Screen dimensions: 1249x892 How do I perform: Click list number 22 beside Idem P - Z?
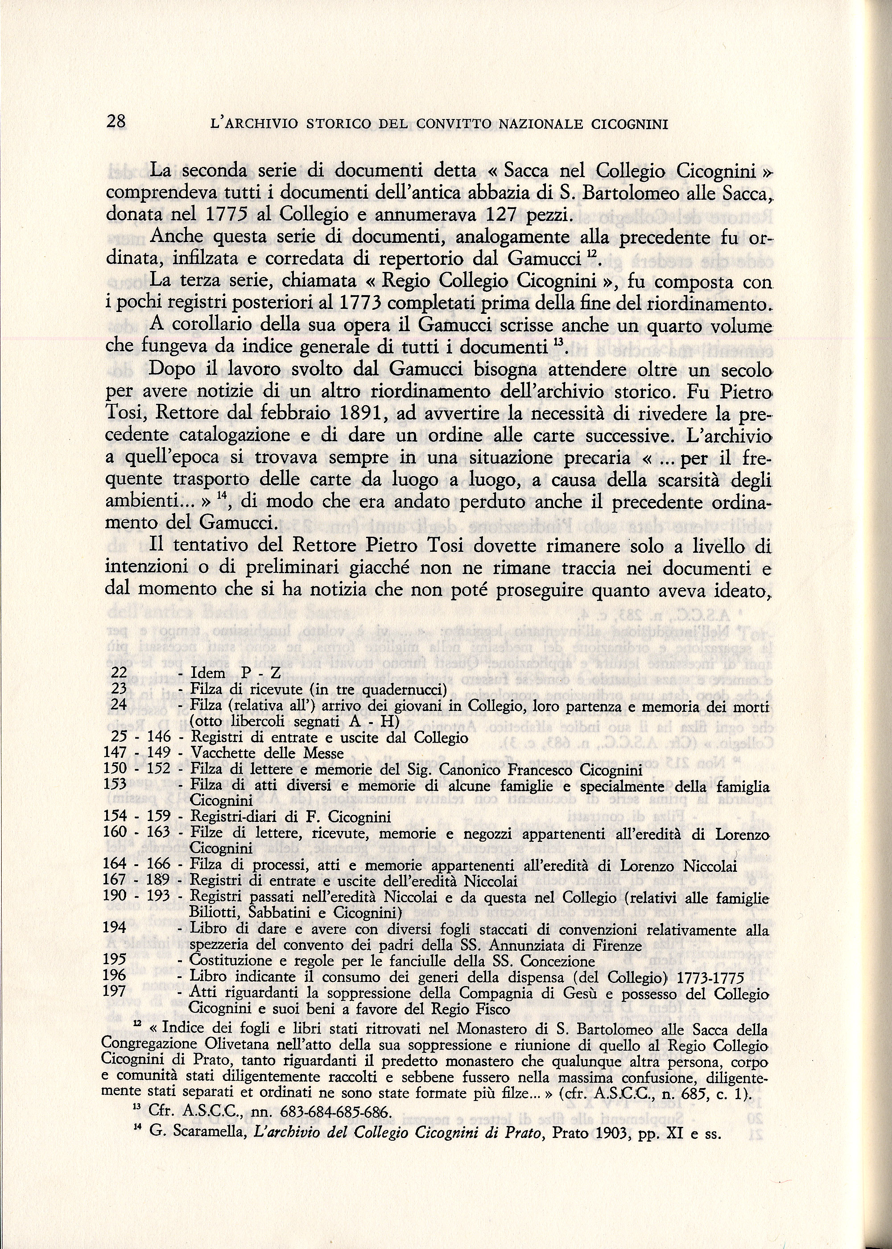[x=119, y=673]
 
